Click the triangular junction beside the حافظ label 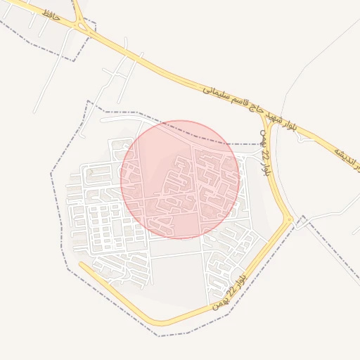point(84,28)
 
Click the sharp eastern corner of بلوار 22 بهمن point(290,221)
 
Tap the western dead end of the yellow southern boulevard point(81,265)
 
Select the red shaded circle point(180,179)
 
